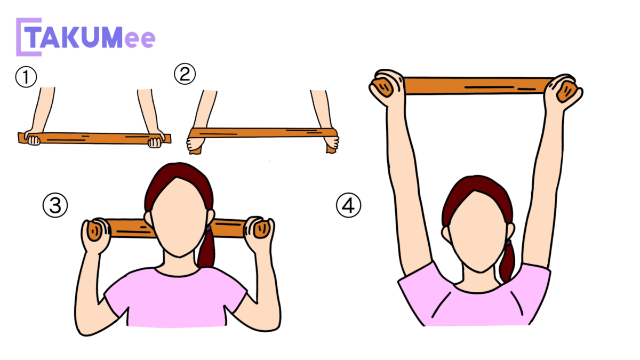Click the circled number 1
point(26,77)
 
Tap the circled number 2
point(185,74)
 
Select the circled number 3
point(55,205)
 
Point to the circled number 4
point(349,205)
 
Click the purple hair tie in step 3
point(209,228)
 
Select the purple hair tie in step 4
point(509,243)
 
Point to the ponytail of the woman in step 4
point(507,261)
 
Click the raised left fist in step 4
point(386,87)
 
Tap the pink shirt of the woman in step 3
point(175,297)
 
